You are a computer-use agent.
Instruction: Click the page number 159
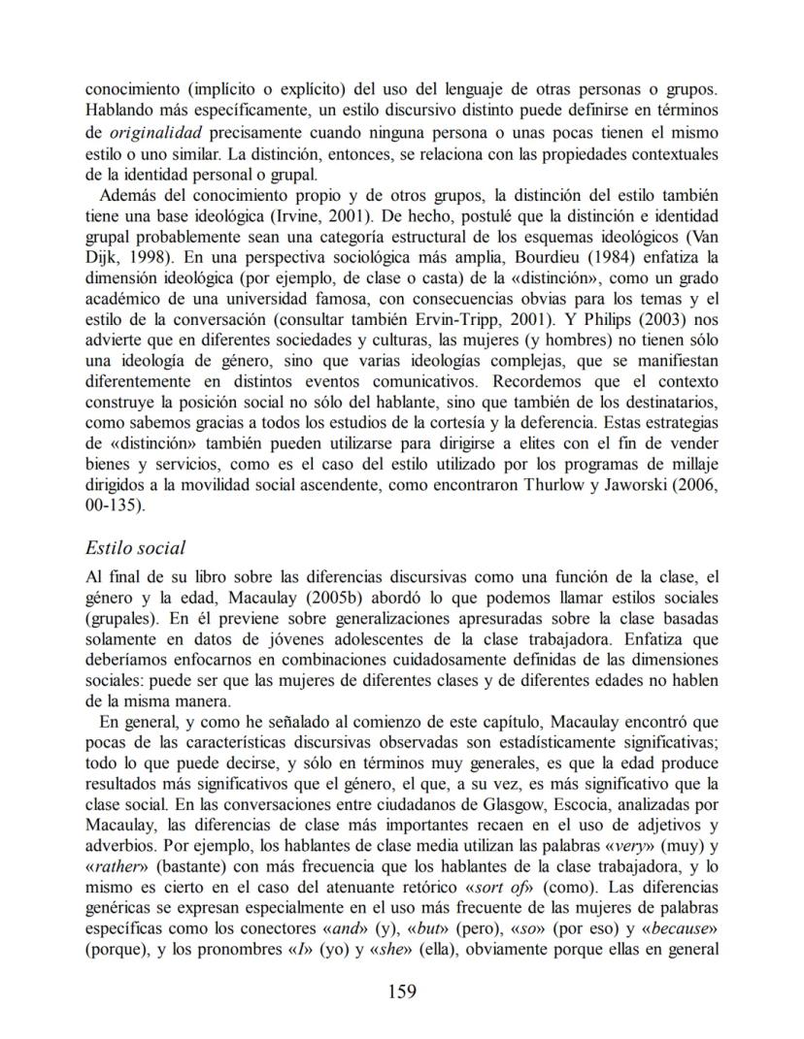[402, 990]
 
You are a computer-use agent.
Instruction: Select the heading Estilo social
[135, 548]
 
